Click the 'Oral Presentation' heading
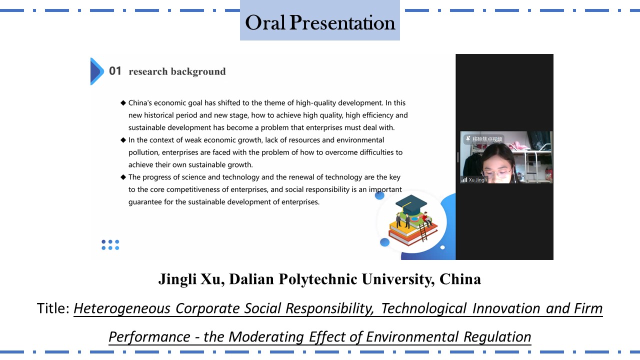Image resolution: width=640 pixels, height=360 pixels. tap(320, 22)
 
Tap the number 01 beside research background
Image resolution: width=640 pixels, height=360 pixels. tap(115, 71)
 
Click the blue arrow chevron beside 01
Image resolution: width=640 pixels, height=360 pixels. tap(97, 71)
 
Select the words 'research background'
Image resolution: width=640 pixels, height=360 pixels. tap(177, 71)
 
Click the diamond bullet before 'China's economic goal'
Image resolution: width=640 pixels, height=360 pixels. tap(123, 103)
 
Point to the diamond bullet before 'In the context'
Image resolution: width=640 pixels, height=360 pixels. tap(123, 140)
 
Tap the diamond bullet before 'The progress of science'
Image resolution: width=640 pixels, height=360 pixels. tap(123, 177)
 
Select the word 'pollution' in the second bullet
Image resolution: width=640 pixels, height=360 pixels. tap(143, 152)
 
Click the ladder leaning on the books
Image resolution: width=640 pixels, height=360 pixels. tap(423, 232)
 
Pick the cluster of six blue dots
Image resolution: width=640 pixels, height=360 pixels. tap(110, 245)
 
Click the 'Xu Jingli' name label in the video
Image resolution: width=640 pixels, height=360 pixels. tap(477, 179)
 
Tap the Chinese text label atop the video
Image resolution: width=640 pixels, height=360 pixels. tap(487, 139)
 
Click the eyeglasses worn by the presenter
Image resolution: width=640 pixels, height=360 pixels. tap(496, 173)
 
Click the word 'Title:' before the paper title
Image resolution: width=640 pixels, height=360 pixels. tap(53, 308)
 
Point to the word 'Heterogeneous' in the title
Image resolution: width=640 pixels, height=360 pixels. tap(122, 309)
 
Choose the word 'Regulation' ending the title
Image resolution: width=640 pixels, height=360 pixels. tap(497, 337)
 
